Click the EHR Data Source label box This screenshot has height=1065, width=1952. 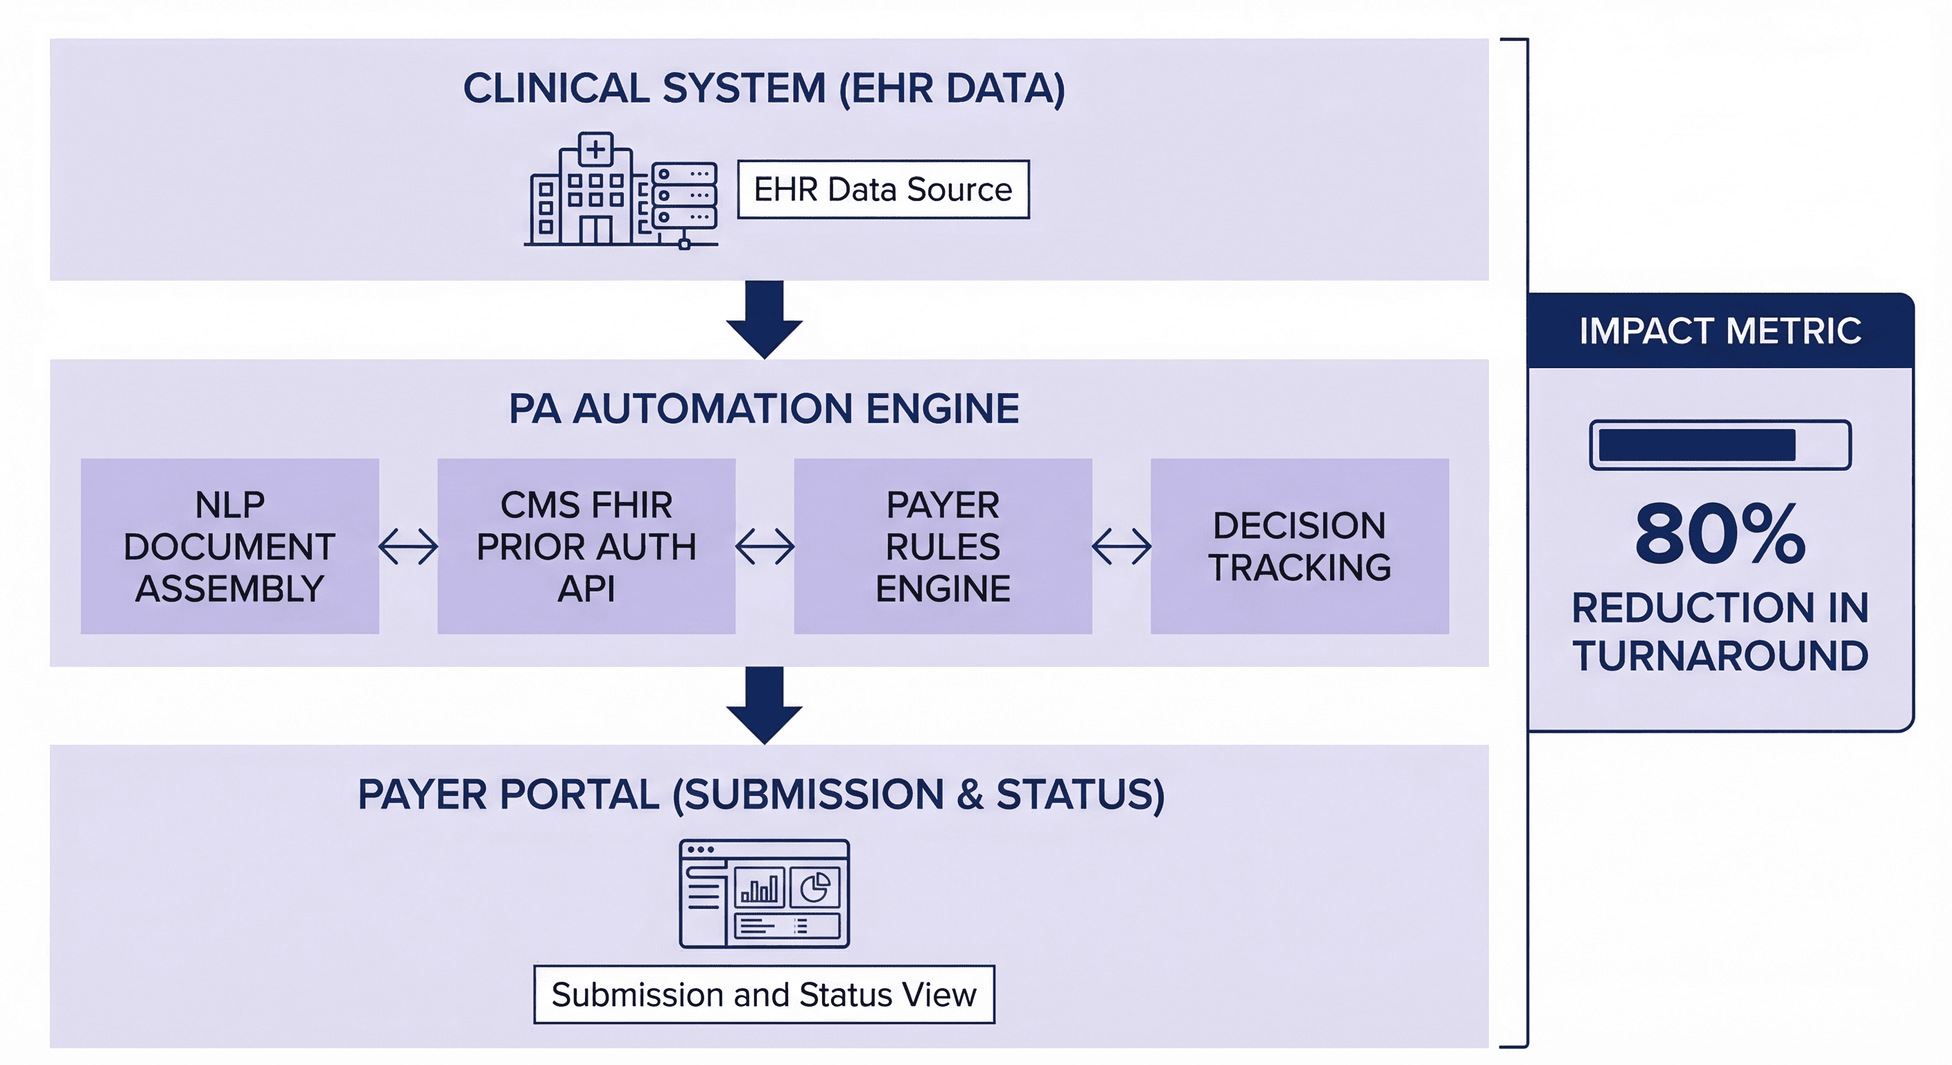click(x=883, y=189)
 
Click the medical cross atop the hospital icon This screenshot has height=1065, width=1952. click(x=595, y=148)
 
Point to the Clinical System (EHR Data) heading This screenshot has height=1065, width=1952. click(x=764, y=88)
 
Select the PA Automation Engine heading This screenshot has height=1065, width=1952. click(x=764, y=408)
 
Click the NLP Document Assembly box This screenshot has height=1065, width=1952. click(x=229, y=546)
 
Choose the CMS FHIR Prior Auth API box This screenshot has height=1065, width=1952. click(x=586, y=546)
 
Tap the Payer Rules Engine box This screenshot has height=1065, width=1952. click(x=943, y=546)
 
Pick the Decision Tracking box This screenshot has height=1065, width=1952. click(x=1300, y=546)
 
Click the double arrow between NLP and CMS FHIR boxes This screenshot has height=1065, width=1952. click(x=408, y=546)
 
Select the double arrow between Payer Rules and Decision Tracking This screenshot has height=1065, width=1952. click(x=1122, y=546)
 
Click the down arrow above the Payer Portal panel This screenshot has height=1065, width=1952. click(x=764, y=704)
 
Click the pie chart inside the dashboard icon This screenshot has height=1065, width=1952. click(x=815, y=887)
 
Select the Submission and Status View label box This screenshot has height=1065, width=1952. click(x=764, y=994)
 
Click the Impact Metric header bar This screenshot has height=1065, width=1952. click(x=1720, y=331)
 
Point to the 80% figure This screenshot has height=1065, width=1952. click(x=1720, y=534)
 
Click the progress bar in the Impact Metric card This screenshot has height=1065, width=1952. click(x=1720, y=445)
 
